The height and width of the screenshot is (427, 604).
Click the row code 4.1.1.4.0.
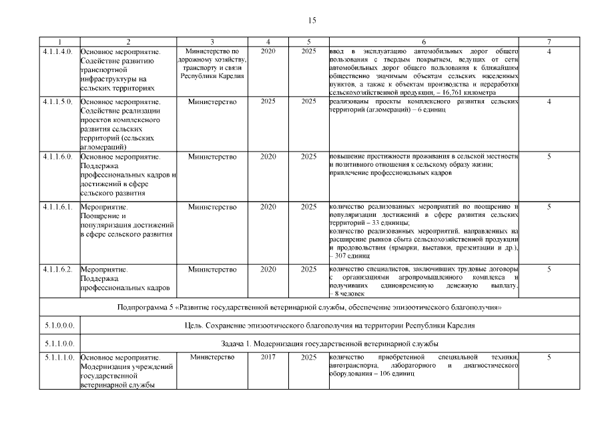click(x=57, y=51)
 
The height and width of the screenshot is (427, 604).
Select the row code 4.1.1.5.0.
click(x=57, y=101)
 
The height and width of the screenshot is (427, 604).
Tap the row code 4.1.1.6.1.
click(x=57, y=207)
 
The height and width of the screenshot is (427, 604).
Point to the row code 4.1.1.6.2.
click(x=57, y=269)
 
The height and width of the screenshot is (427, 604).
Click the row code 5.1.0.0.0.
click(x=57, y=326)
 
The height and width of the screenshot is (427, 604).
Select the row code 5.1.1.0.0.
click(x=57, y=344)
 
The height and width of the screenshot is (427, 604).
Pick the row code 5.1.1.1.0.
click(x=57, y=358)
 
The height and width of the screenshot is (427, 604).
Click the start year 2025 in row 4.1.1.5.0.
click(x=268, y=101)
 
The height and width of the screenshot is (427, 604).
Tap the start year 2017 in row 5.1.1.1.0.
click(x=268, y=358)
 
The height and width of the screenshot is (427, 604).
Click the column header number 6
click(x=423, y=41)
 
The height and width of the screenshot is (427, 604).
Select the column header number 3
click(x=212, y=41)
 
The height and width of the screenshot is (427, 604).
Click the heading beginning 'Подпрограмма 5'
click(x=309, y=307)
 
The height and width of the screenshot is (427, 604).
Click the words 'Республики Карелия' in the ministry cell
click(x=212, y=76)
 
